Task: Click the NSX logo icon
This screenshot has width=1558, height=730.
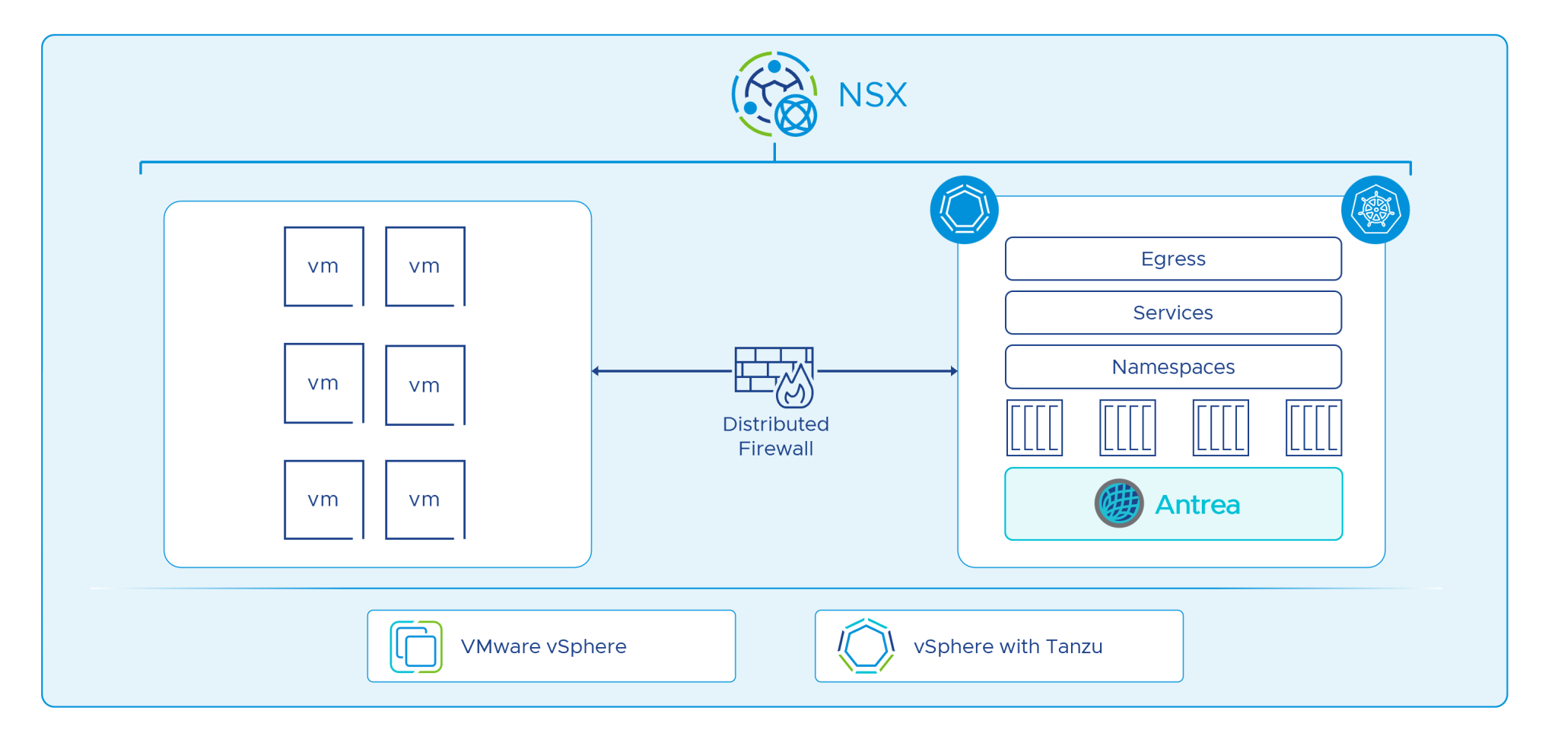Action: coord(774,94)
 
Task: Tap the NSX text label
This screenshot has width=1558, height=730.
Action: coord(873,96)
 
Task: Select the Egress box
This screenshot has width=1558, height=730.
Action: coord(1173,259)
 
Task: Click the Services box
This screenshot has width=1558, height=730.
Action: coord(1173,313)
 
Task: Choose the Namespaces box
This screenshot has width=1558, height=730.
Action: coord(1173,367)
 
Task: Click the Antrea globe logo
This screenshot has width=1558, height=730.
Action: coord(1119,503)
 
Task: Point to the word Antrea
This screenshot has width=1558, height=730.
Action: coord(1197,505)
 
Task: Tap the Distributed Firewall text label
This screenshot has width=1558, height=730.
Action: coord(775,436)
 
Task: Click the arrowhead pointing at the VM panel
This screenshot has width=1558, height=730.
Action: coord(596,371)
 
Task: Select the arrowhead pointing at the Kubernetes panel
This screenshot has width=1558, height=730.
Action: coord(954,371)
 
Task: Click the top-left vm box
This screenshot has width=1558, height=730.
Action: coord(324,266)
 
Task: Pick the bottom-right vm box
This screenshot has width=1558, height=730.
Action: coord(425,500)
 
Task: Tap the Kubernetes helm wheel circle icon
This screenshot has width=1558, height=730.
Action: coord(1375,210)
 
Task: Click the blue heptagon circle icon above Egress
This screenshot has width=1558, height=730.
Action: coord(964,210)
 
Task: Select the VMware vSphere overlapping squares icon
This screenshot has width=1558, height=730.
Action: coord(416,647)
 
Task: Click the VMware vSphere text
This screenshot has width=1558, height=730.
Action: coord(543,647)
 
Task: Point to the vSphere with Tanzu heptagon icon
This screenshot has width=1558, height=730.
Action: coord(866,646)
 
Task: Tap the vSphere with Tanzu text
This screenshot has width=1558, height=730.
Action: coord(1007,647)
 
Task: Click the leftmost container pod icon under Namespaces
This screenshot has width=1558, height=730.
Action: coord(1035,428)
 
